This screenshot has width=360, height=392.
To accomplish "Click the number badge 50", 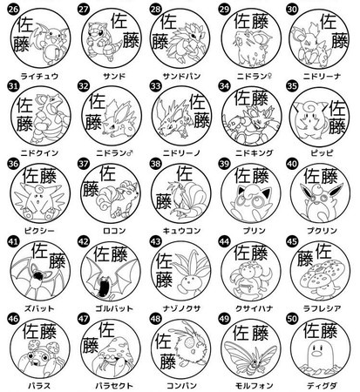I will click(295, 320).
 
